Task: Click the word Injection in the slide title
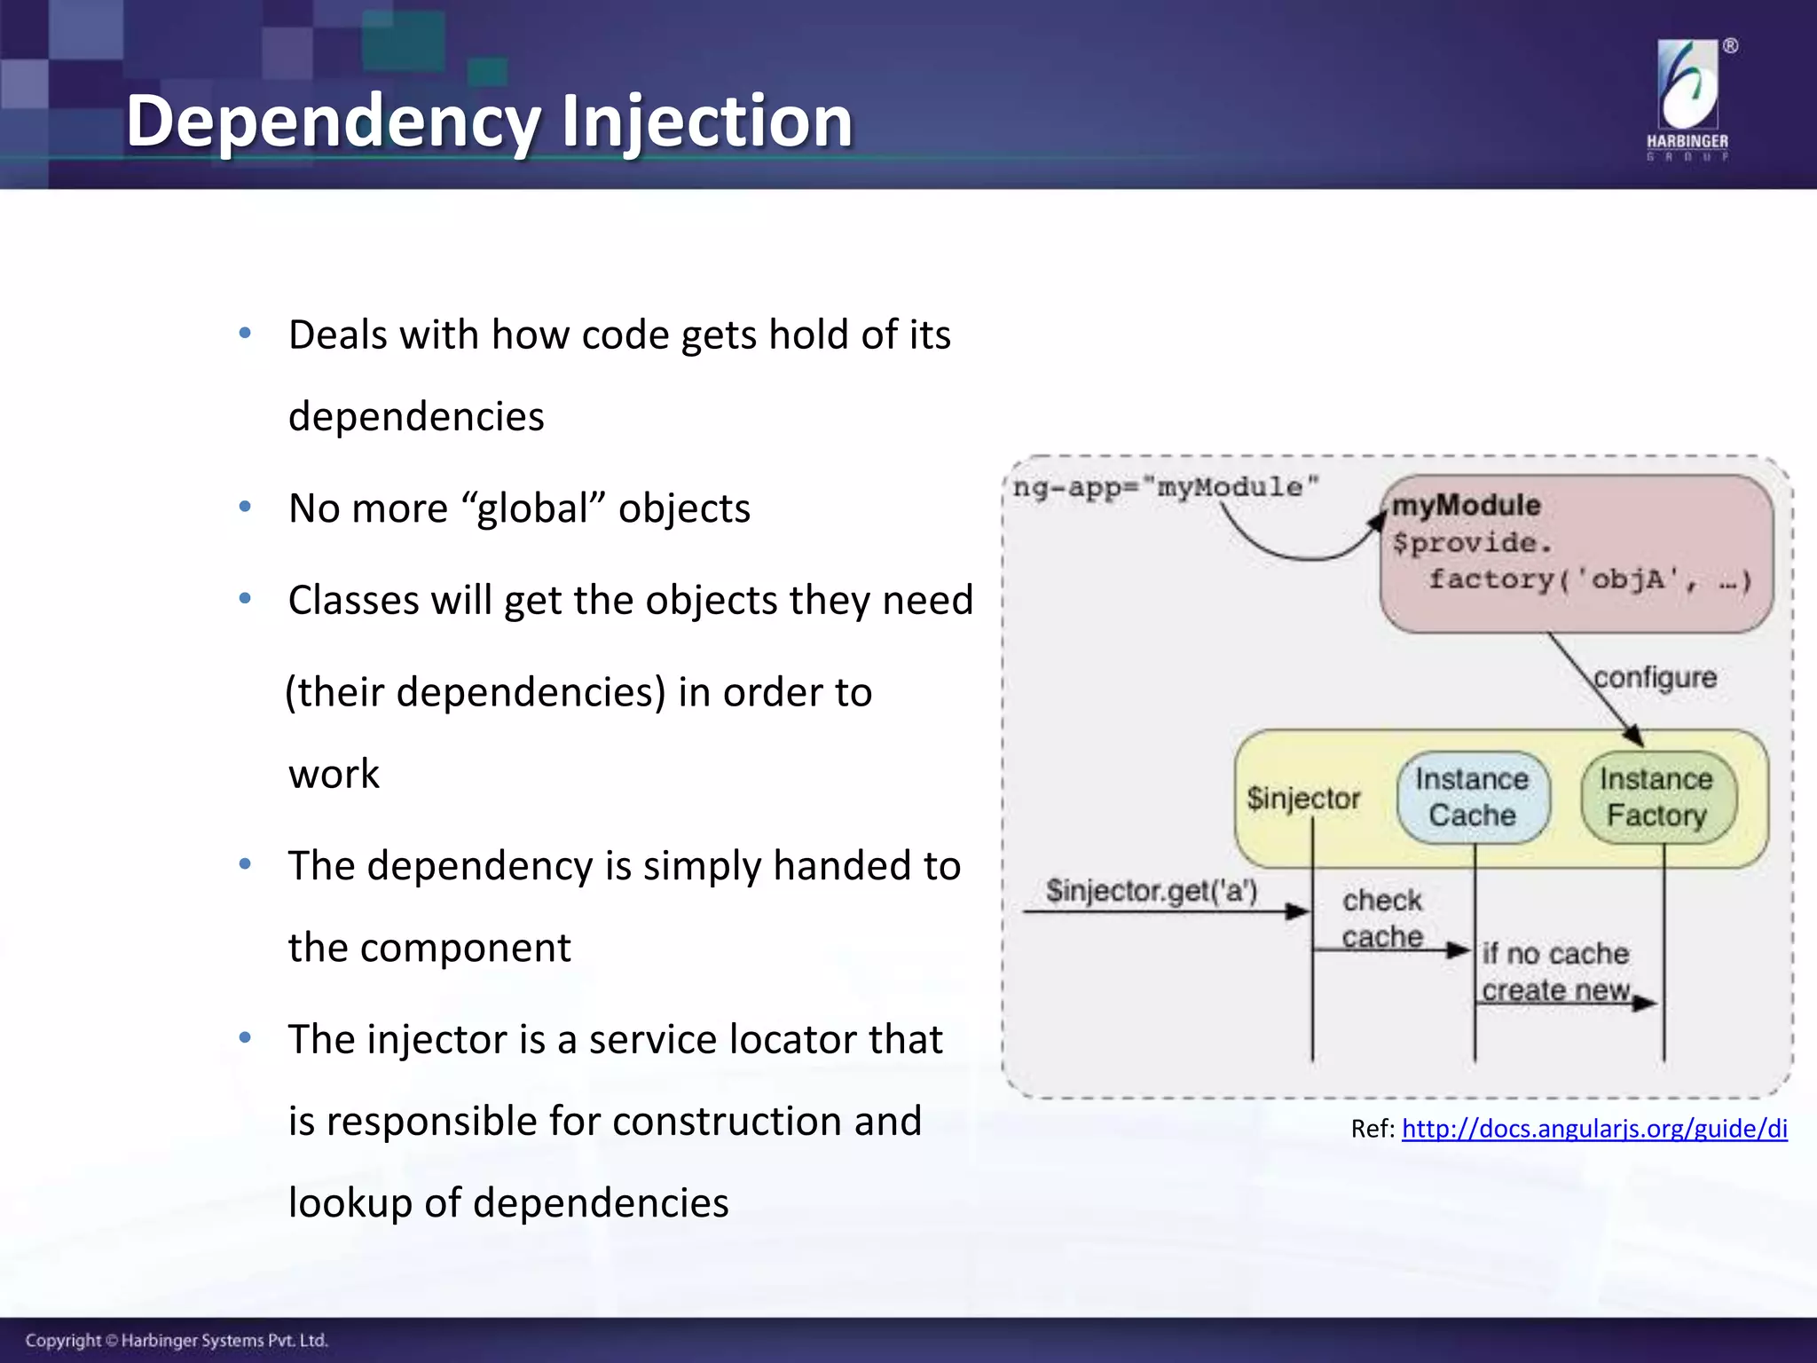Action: [706, 122]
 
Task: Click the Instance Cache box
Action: [1473, 797]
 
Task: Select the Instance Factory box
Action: [1657, 797]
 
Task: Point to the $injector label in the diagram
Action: [1302, 798]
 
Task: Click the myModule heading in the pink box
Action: [1466, 505]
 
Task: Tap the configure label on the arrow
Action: [1656, 677]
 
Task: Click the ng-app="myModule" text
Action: [1166, 487]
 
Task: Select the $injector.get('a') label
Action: [1152, 890]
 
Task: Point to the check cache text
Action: [1382, 918]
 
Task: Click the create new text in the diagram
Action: [1555, 990]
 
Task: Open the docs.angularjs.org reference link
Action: [1594, 1129]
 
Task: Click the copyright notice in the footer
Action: [177, 1340]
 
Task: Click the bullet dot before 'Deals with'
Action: [246, 334]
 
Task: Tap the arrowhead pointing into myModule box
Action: [1377, 522]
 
